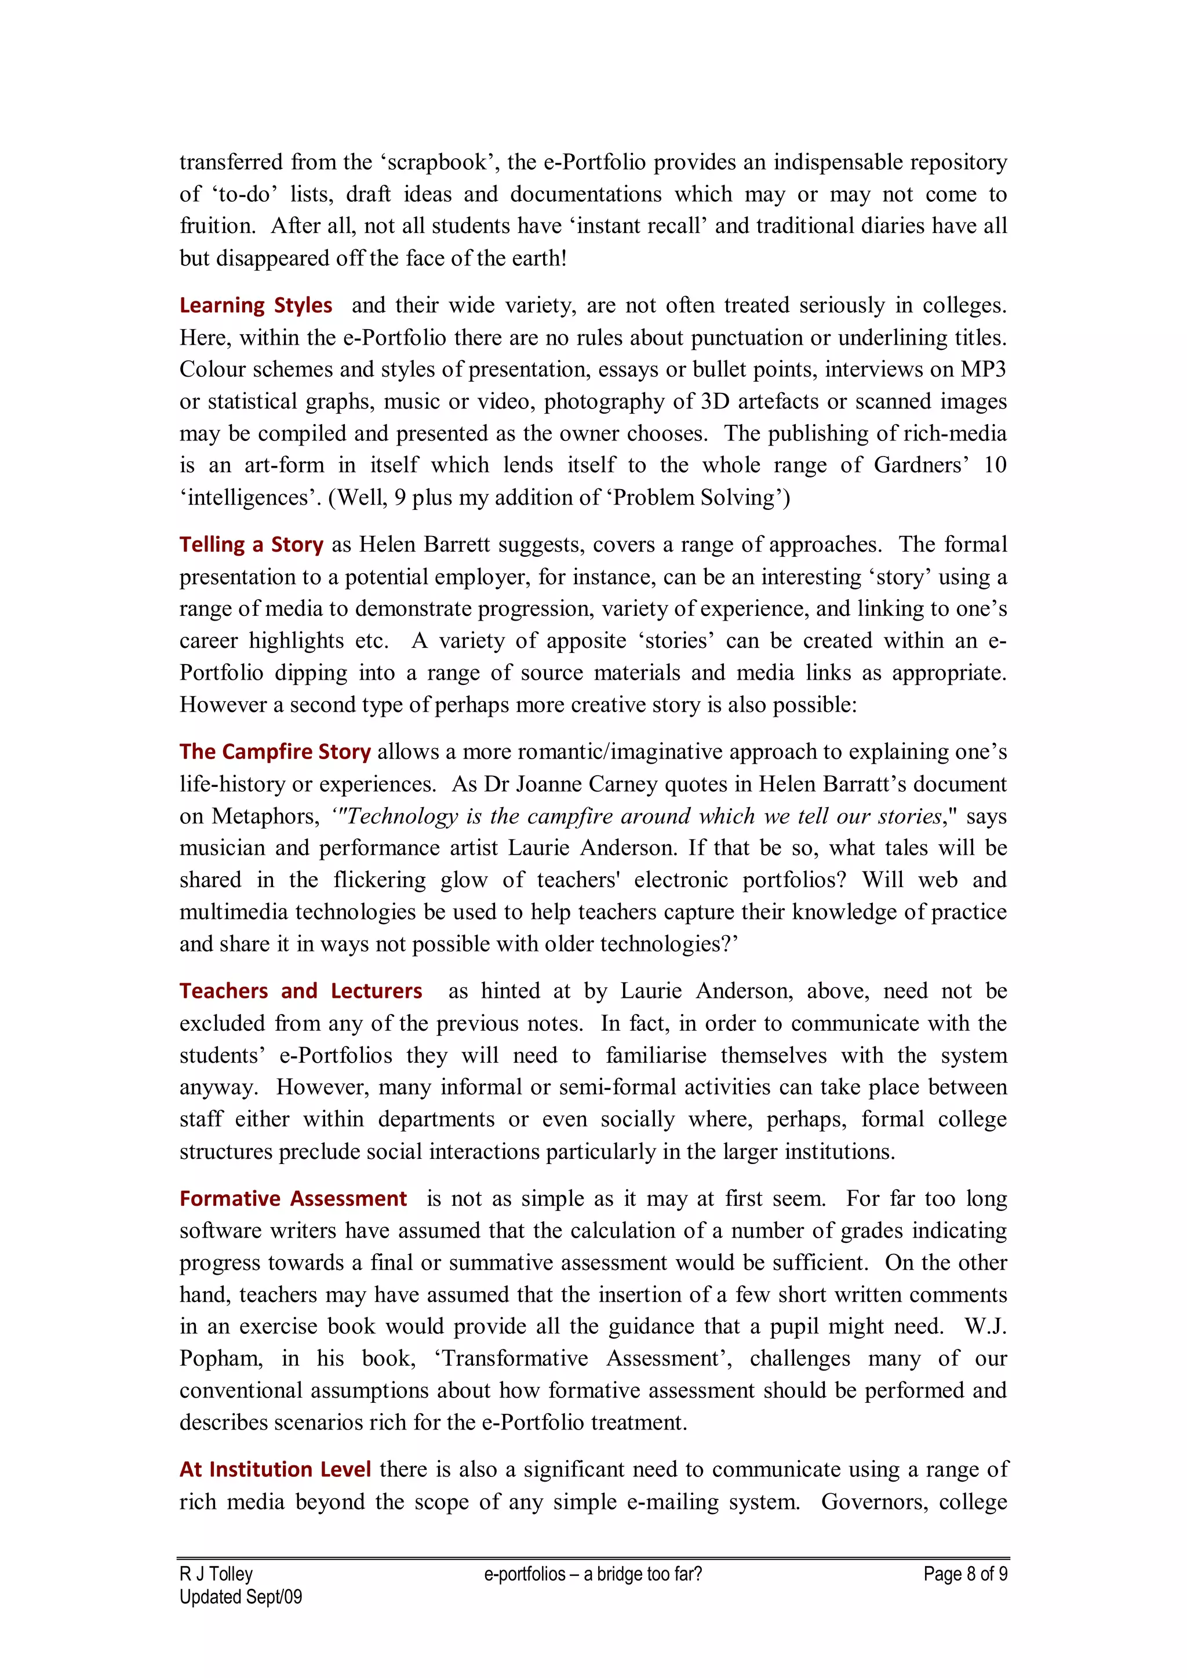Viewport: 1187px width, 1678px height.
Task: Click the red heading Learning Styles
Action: [x=256, y=305]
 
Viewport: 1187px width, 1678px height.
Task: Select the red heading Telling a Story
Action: [x=252, y=545]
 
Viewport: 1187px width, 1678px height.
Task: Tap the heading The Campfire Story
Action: [x=275, y=752]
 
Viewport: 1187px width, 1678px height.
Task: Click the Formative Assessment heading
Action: [x=293, y=1199]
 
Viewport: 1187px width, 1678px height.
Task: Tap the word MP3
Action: [x=983, y=369]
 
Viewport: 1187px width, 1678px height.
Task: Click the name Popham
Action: [x=220, y=1359]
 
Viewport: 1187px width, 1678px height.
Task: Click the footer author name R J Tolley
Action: [x=216, y=1574]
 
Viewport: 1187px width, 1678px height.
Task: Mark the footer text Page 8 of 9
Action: [x=965, y=1574]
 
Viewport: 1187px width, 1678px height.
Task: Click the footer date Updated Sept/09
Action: [x=241, y=1597]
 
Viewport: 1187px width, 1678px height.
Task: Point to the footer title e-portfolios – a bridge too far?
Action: [x=593, y=1574]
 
